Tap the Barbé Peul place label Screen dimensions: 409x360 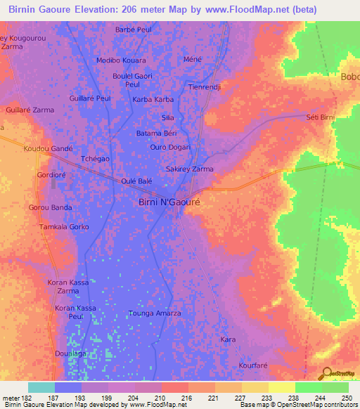pyautogui.click(x=134, y=30)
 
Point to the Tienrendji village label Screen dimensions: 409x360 pyautogui.click(x=205, y=87)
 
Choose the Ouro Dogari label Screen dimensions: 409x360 pyautogui.click(x=170, y=147)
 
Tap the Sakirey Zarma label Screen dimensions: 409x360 pyautogui.click(x=189, y=169)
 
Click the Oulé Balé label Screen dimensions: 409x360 pyautogui.click(x=136, y=181)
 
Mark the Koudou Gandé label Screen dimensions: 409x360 pyautogui.click(x=48, y=149)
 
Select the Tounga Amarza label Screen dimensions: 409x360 pyautogui.click(x=155, y=313)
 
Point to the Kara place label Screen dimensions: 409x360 pyautogui.click(x=228, y=339)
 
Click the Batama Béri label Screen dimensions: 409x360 pyautogui.click(x=156, y=133)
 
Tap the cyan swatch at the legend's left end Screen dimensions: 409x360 pyautogui.click(x=41, y=387)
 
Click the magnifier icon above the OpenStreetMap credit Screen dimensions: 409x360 pyautogui.click(x=325, y=373)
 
